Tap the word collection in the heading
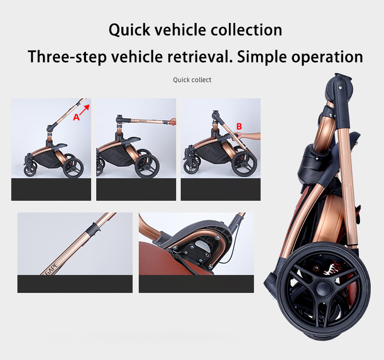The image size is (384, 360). tap(245, 30)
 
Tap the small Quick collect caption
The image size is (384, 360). tap(192, 80)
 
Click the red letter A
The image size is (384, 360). tap(76, 117)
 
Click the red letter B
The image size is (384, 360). tap(239, 126)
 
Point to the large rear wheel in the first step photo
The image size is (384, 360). tap(73, 167)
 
